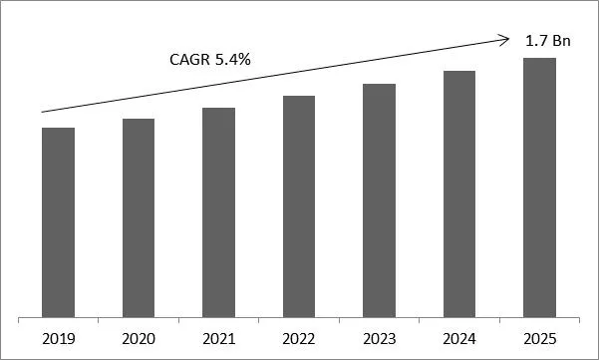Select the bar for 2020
click(x=139, y=218)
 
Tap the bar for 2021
click(x=218, y=212)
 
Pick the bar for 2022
click(x=299, y=207)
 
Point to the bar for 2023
click(x=379, y=201)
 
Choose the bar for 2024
click(x=459, y=194)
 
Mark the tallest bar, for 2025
click(x=539, y=188)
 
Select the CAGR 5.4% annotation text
click(x=209, y=61)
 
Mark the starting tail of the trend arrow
click(x=43, y=112)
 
